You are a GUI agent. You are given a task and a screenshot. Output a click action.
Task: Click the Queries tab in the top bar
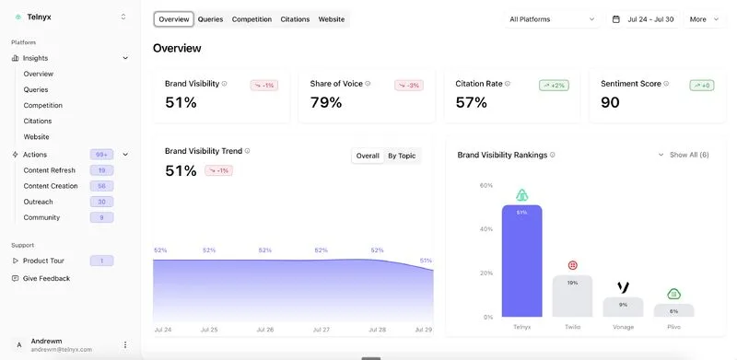click(210, 19)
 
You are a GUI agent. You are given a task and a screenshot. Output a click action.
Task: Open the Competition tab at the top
click(252, 19)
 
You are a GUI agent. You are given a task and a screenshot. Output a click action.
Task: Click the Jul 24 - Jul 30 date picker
click(642, 19)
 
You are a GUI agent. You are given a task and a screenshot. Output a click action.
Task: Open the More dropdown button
click(705, 19)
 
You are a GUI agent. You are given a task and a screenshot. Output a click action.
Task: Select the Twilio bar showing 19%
click(572, 296)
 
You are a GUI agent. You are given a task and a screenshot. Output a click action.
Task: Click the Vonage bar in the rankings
click(623, 307)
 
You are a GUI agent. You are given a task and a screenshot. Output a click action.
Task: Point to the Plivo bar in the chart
click(673, 310)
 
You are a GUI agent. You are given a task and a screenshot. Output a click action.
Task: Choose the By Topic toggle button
click(402, 156)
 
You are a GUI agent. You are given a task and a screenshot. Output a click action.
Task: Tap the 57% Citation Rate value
click(472, 102)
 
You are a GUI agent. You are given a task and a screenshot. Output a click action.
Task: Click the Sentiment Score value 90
click(610, 102)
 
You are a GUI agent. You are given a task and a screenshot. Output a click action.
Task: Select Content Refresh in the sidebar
click(50, 170)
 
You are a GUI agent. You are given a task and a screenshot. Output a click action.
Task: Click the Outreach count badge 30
click(101, 202)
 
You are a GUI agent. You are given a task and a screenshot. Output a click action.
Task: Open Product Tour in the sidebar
click(44, 261)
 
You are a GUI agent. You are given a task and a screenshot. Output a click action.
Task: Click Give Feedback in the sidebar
click(46, 278)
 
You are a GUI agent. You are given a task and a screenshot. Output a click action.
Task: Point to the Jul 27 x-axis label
click(321, 330)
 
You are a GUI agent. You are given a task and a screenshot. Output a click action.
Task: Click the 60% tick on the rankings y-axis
click(486, 185)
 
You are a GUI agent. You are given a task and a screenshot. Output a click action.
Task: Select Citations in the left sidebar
click(38, 121)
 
